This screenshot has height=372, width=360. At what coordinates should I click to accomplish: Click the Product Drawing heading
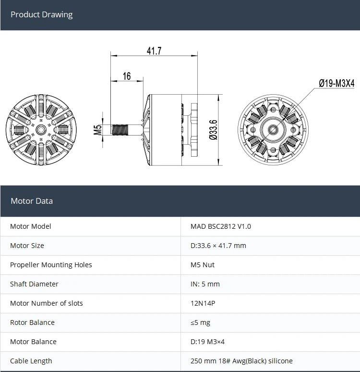(42, 14)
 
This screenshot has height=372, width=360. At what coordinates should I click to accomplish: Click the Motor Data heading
(32, 201)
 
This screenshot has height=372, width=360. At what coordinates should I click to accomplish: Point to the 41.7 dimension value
(154, 50)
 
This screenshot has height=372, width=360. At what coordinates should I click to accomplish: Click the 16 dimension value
(127, 76)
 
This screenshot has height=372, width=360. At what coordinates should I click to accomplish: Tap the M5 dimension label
(97, 129)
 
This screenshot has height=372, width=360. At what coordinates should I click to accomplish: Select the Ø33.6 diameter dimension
(214, 129)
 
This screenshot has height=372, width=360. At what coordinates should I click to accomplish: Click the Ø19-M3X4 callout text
(336, 83)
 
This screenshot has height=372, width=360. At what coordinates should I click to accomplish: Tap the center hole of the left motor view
(41, 129)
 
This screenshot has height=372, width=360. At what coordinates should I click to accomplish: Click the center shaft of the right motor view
(273, 129)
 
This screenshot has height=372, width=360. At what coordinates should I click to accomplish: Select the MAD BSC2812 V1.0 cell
(221, 226)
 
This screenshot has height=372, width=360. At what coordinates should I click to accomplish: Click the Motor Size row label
(27, 246)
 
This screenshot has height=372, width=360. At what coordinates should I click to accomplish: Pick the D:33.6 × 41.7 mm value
(218, 246)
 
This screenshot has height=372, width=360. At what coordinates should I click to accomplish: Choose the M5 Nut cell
(203, 265)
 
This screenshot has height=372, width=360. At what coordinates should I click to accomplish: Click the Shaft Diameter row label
(34, 284)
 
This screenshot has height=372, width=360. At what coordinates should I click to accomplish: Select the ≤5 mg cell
(200, 322)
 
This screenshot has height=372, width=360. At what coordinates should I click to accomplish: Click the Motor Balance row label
(33, 342)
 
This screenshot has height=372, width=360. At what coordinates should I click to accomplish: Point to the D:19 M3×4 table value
(207, 342)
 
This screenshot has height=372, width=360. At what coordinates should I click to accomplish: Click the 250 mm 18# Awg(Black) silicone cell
(241, 361)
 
